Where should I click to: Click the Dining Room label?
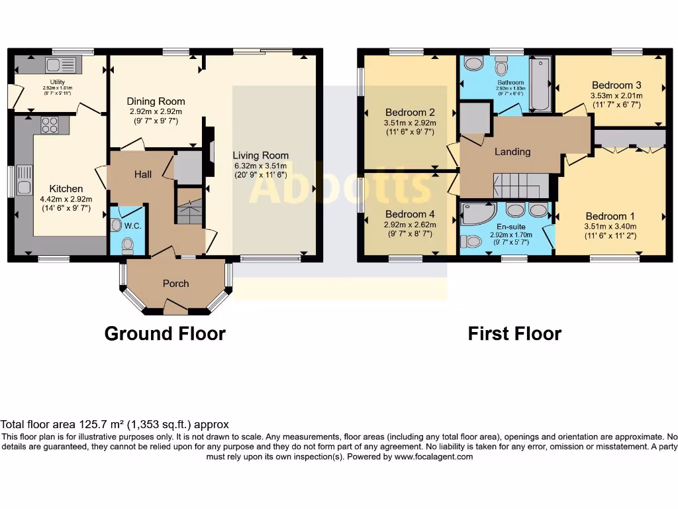[156, 101]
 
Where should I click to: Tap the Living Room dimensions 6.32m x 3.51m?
[260, 166]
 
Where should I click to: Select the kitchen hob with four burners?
[50, 124]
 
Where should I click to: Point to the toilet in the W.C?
[127, 246]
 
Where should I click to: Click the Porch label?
[175, 283]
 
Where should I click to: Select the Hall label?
[143, 174]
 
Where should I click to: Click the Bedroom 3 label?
[616, 85]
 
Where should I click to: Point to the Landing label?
[512, 152]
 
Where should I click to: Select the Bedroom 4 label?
[410, 214]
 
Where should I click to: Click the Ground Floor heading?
[165, 333]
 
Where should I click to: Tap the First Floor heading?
[514, 333]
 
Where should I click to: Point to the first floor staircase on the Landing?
[521, 185]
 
